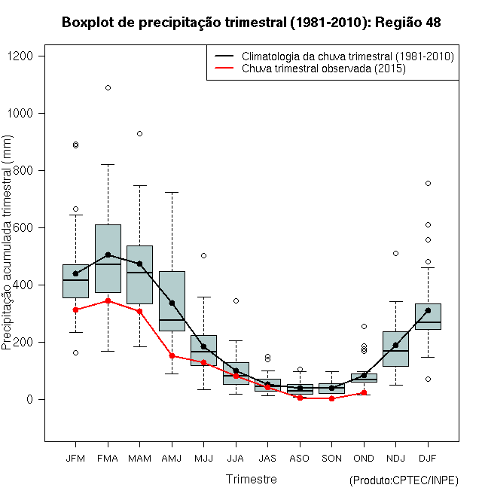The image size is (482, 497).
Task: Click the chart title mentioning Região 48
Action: (252, 23)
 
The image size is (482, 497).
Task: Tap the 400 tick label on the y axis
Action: (28, 285)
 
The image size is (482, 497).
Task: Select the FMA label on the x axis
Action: (108, 458)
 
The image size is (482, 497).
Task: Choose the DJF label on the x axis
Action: (427, 458)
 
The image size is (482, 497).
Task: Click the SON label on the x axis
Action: (331, 458)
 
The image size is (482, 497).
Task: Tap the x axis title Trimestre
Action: (252, 479)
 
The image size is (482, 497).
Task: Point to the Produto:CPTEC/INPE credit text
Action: (404, 480)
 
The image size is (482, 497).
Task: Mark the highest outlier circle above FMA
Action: (108, 87)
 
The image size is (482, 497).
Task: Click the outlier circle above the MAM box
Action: (139, 133)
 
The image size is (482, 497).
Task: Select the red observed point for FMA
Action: (108, 300)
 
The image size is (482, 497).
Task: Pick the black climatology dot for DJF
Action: (428, 310)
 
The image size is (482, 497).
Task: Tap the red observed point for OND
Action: (364, 392)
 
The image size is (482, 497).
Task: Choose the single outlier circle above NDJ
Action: (395, 253)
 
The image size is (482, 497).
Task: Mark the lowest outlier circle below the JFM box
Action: (75, 352)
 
